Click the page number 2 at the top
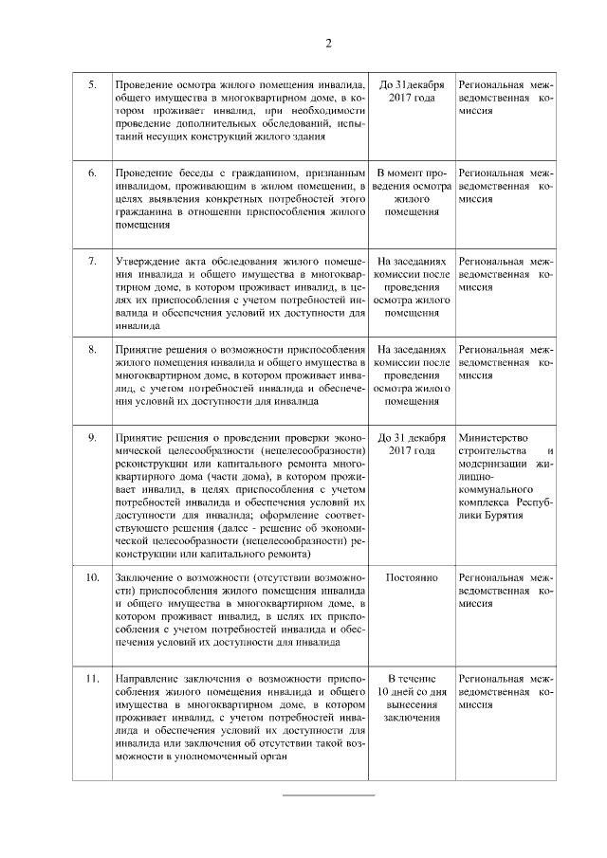coord(328,43)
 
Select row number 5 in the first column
coord(92,84)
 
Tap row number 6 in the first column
coord(92,174)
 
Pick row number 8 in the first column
coord(92,349)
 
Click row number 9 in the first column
coord(92,437)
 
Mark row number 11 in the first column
coord(93,678)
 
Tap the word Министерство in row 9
coord(490,437)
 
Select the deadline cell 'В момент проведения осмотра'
coord(411,193)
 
